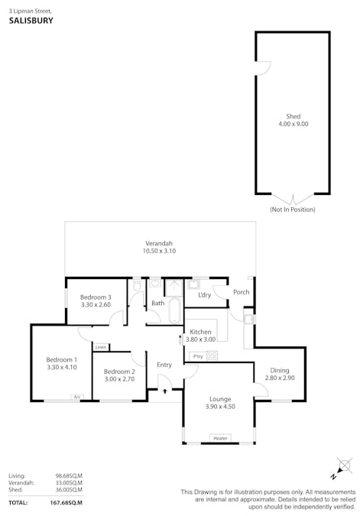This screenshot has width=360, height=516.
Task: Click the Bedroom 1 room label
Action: [61, 359]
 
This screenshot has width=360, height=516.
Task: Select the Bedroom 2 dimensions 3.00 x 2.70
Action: [119, 378]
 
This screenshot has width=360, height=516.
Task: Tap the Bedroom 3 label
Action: [96, 297]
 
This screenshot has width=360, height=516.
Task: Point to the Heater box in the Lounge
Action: [220, 438]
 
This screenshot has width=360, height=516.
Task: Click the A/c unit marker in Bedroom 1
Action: [76, 397]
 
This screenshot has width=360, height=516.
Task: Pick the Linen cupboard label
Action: [101, 347]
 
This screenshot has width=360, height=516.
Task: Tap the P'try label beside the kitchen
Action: [198, 356]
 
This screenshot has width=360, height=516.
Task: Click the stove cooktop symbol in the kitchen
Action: [212, 355]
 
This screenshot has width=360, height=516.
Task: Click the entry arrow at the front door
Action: [165, 391]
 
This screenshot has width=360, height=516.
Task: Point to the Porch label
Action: [241, 291]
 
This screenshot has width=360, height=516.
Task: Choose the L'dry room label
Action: [205, 294]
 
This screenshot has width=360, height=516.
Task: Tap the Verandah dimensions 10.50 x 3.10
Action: [160, 251]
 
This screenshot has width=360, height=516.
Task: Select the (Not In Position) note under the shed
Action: [292, 209]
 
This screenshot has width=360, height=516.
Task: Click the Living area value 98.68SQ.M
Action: [69, 475]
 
